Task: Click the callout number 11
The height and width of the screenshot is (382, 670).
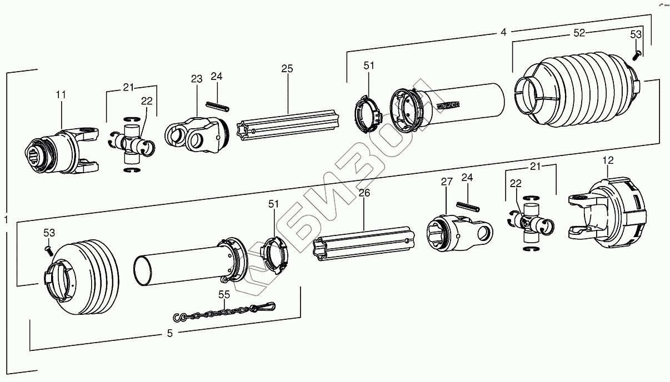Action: click(61, 95)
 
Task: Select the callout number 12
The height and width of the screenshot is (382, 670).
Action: click(608, 161)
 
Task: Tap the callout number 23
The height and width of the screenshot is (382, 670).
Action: click(197, 79)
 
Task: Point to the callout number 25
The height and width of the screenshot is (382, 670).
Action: click(287, 69)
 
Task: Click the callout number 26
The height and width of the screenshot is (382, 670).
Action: click(364, 193)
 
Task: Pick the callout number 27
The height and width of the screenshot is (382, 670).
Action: click(447, 182)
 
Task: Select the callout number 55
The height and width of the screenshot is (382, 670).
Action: click(224, 295)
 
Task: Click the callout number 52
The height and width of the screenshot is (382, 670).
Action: click(579, 33)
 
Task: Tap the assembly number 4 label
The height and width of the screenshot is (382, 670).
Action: click(503, 32)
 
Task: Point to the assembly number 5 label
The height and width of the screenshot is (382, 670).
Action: click(170, 334)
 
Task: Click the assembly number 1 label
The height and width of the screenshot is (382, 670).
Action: click(6, 220)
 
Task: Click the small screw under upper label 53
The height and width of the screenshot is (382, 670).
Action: click(637, 54)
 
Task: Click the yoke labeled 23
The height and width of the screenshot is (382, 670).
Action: click(195, 134)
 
